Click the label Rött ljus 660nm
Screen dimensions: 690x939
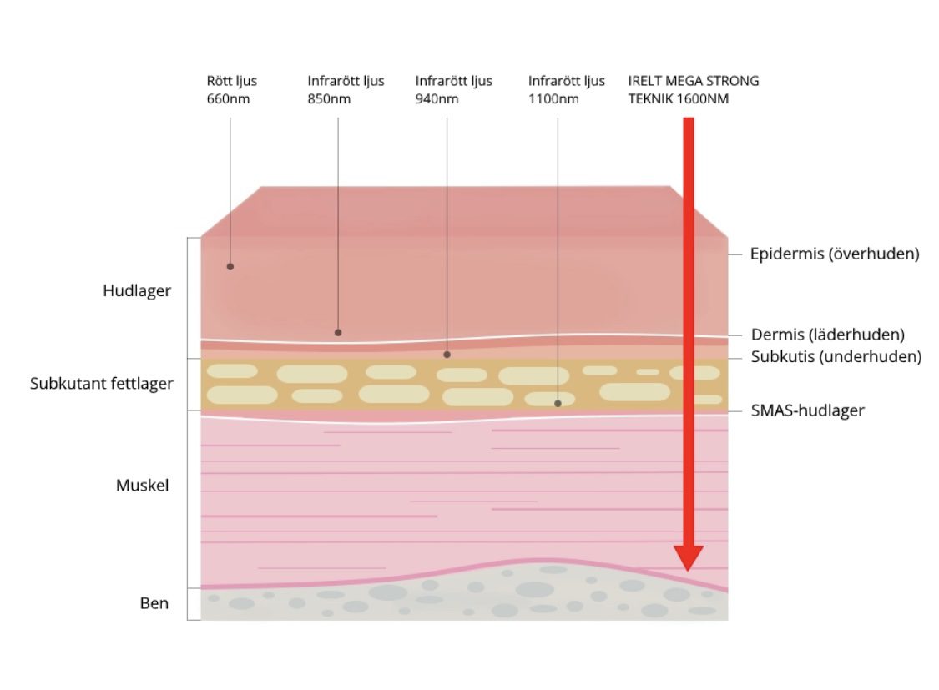[231, 90]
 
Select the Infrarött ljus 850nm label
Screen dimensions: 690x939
[346, 90]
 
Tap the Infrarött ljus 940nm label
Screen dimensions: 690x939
[453, 90]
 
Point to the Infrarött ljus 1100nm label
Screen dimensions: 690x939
[566, 90]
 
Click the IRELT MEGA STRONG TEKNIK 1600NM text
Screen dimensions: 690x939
[693, 90]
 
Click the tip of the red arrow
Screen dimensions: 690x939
[688, 569]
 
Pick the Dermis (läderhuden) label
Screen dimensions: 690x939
[827, 335]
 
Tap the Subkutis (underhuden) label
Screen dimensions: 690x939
[836, 357]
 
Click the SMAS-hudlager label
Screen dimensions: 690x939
[807, 410]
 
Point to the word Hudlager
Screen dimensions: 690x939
[137, 291]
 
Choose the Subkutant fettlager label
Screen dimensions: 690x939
[102, 384]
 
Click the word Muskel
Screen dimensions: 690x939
[143, 485]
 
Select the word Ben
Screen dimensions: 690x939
[154, 602]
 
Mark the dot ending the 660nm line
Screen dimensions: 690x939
[230, 267]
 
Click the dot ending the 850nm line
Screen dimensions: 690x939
[338, 332]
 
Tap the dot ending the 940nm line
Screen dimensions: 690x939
[447, 355]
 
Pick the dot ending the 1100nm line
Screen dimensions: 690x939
[558, 403]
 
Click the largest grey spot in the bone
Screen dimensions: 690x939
[388, 592]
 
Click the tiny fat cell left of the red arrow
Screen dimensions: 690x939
[648, 372]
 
